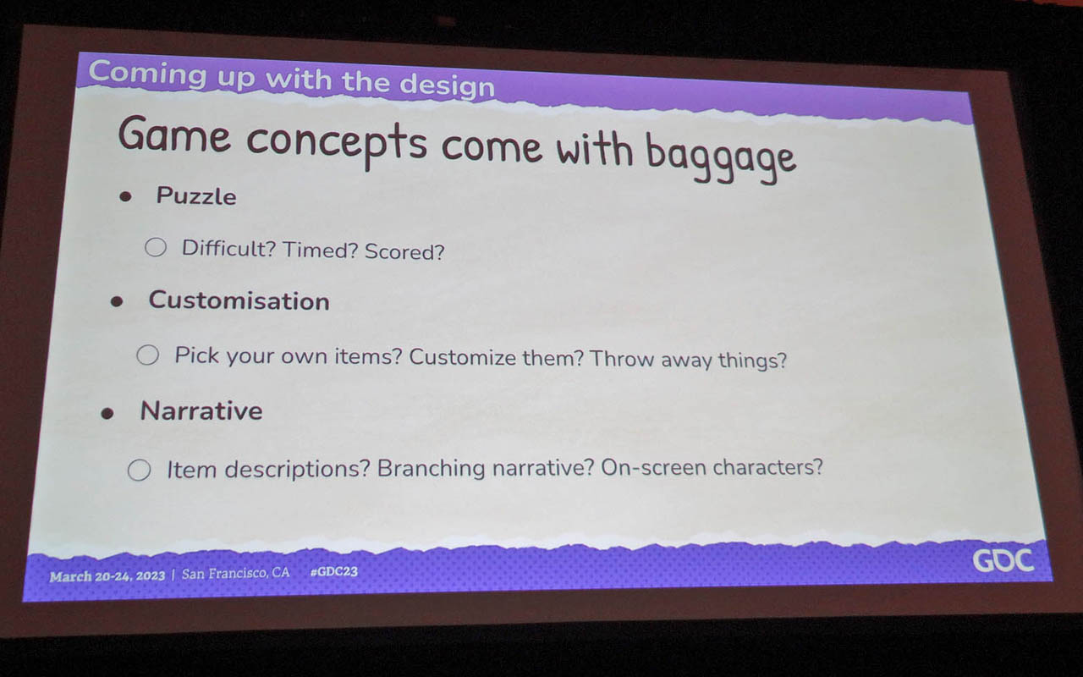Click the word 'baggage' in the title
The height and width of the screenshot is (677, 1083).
tap(720, 158)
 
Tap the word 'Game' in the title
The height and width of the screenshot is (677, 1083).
tap(174, 134)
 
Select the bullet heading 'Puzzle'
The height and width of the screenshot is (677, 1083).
tap(196, 196)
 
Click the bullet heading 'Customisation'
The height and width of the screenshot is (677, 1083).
tap(239, 300)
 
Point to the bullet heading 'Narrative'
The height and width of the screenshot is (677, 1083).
tap(201, 411)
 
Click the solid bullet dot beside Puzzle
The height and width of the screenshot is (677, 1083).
tap(126, 196)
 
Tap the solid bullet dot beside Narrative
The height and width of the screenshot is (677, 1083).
tap(107, 414)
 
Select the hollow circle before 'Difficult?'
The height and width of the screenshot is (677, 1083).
tap(156, 247)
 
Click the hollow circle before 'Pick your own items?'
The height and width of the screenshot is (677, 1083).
tap(147, 355)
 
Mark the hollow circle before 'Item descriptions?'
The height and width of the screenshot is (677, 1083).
tap(140, 470)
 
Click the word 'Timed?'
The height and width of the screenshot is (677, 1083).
tap(320, 250)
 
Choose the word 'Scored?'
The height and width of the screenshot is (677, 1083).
tap(404, 252)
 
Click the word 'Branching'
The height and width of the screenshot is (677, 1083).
tap(431, 469)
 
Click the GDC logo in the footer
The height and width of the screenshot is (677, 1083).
tap(1003, 561)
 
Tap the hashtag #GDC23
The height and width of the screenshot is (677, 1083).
tap(334, 571)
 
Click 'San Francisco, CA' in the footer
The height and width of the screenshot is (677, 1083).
tap(235, 574)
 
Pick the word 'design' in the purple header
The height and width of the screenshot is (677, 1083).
tap(447, 86)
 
